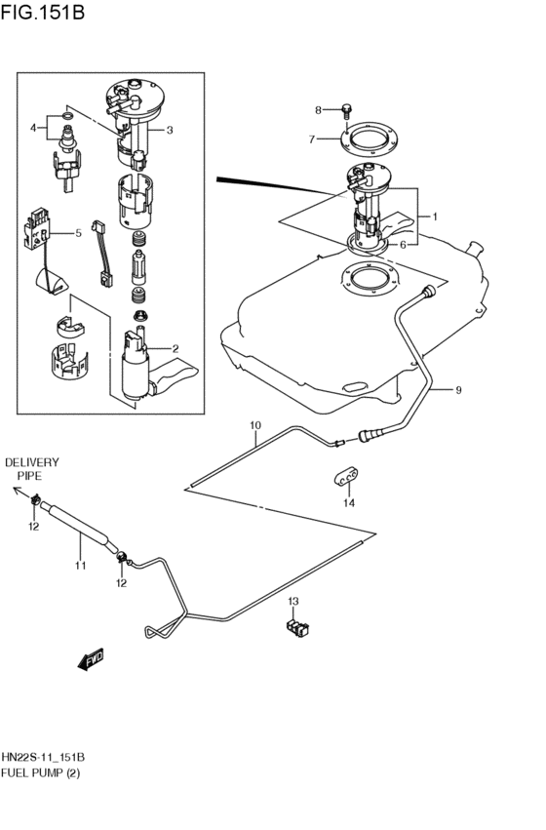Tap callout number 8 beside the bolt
pyautogui.click(x=318, y=109)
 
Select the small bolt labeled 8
pyautogui.click(x=347, y=110)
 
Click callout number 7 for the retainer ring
pyautogui.click(x=312, y=139)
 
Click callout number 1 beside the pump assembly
pyautogui.click(x=434, y=217)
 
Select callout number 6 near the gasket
pyautogui.click(x=404, y=245)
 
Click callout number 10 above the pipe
pyautogui.click(x=255, y=425)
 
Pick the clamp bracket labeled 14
pyautogui.click(x=349, y=476)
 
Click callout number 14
pyautogui.click(x=349, y=503)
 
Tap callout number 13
pyautogui.click(x=292, y=602)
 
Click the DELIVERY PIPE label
pyautogui.click(x=32, y=469)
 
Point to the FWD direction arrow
pyautogui.click(x=90, y=659)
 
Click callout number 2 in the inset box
pyautogui.click(x=175, y=348)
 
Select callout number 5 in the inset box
pyautogui.click(x=78, y=234)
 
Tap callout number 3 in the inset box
pyautogui.click(x=170, y=130)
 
